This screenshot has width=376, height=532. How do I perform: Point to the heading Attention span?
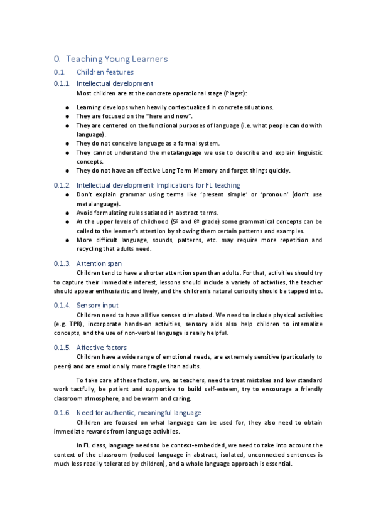point(99,264)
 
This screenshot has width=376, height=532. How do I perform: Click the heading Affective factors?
point(102,347)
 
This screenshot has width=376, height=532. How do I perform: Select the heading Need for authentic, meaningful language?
point(139,413)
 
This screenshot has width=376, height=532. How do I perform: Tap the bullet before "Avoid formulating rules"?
point(67,213)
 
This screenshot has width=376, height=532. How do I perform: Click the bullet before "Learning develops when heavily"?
point(67,108)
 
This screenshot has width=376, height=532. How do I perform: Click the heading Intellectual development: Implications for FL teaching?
point(158,186)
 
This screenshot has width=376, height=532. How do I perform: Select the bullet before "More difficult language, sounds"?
point(67,240)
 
